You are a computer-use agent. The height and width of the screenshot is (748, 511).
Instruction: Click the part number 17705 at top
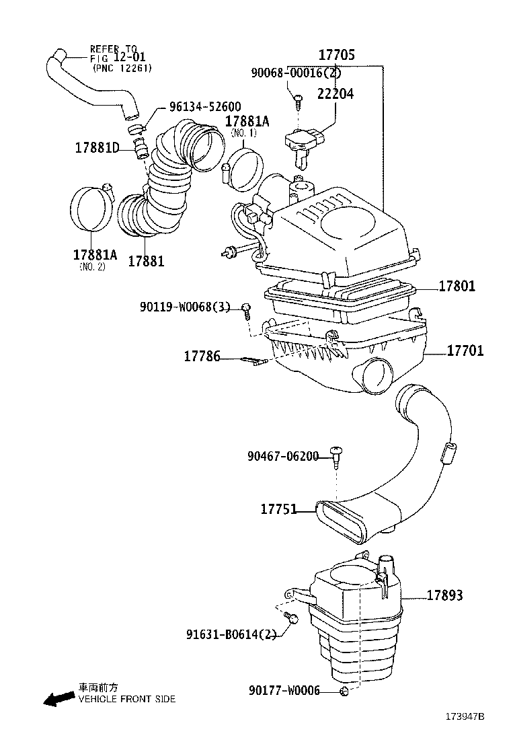[x=336, y=55]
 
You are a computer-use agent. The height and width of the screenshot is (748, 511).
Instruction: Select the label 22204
[x=336, y=94]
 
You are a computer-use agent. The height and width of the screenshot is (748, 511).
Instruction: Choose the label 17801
[x=457, y=287]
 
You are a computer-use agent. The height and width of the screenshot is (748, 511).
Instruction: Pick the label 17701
[x=465, y=351]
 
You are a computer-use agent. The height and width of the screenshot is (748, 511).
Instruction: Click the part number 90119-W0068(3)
[x=185, y=307]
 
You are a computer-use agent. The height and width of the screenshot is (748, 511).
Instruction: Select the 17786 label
[x=202, y=357]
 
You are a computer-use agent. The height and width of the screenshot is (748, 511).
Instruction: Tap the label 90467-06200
[x=282, y=457]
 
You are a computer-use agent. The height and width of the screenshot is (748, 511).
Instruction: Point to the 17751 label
[x=278, y=509]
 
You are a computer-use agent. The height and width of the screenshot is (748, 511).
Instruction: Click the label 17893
[x=444, y=595]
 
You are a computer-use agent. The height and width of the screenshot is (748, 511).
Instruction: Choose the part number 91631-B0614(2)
[x=231, y=634]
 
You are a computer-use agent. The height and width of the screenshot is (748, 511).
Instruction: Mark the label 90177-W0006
[x=284, y=691]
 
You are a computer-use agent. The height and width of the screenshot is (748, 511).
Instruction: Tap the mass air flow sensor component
[x=302, y=143]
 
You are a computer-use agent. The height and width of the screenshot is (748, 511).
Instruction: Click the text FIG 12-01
[x=115, y=58]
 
